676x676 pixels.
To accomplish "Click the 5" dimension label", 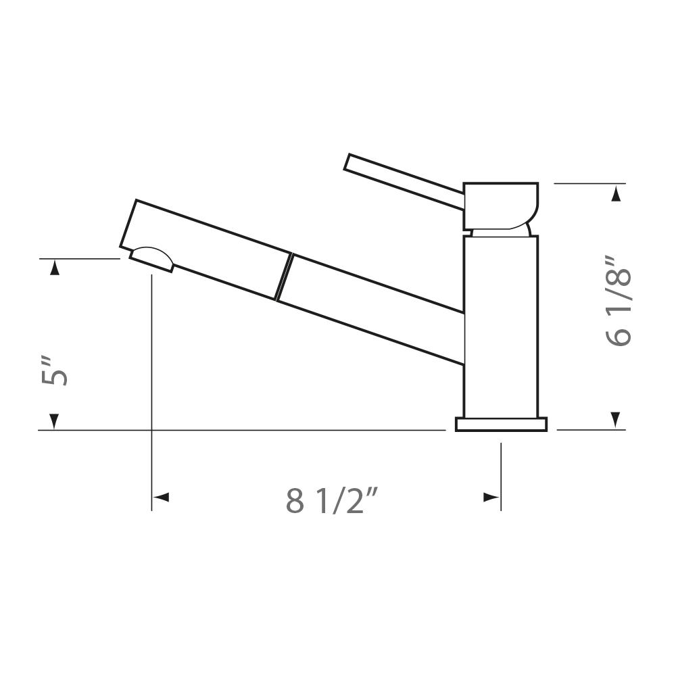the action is (x=55, y=370).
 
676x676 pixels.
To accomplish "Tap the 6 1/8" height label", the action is (x=619, y=301).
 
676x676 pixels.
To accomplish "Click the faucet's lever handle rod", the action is (x=404, y=182).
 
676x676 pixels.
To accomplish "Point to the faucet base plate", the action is (x=502, y=424).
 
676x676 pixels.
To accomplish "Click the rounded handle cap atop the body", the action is (x=500, y=206).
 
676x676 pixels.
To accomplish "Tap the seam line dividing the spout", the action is (x=284, y=276).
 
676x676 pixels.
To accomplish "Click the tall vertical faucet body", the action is (x=501, y=327).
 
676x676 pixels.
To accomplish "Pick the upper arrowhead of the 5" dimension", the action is (x=54, y=268).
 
